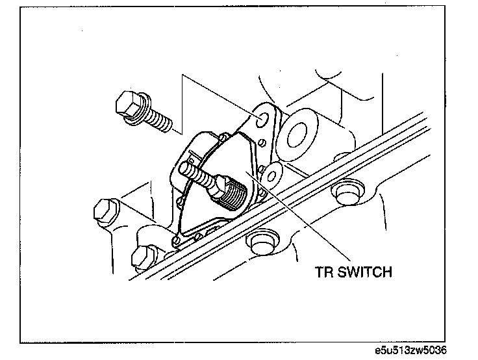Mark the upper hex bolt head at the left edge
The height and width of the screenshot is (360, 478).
point(103,211)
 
